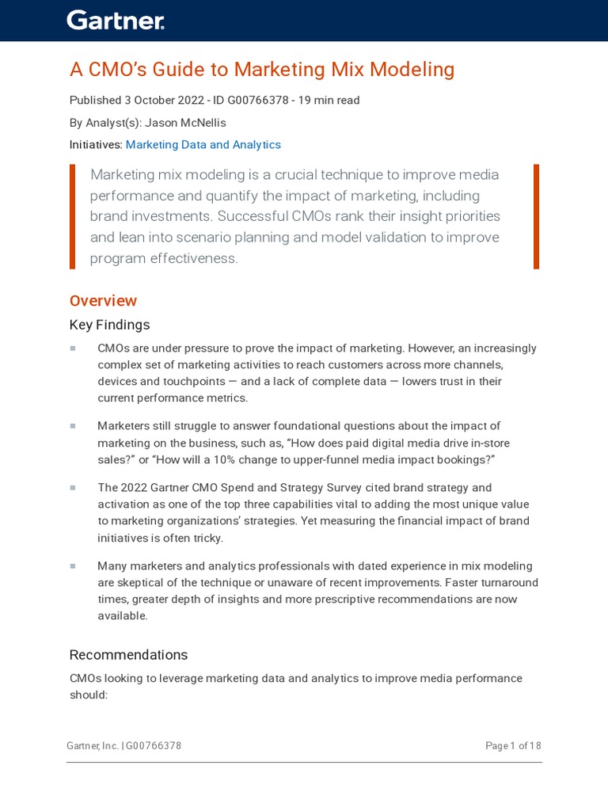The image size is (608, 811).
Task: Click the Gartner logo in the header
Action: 116,21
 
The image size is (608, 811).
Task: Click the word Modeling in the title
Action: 414,70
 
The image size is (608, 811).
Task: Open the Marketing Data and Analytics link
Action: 203,145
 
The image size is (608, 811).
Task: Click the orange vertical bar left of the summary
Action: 73,216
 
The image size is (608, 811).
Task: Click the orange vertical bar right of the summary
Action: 536,216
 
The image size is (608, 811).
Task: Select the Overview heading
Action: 103,301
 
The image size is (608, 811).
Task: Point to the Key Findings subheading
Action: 109,325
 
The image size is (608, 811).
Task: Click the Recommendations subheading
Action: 128,655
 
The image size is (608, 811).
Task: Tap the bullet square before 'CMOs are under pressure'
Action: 73,348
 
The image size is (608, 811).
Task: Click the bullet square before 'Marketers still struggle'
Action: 73,426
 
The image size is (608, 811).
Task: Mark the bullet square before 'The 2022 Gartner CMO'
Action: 73,488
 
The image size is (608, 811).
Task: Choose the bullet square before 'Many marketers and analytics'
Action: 73,566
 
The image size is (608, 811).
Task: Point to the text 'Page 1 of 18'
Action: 513,746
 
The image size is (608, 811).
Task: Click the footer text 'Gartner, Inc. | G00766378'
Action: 125,746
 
